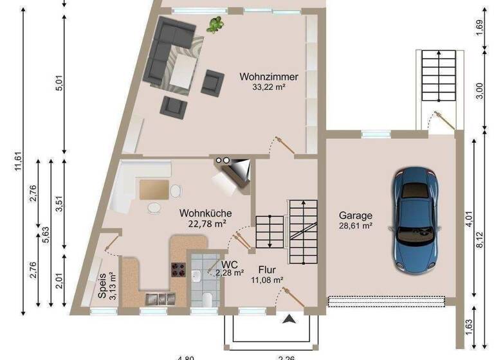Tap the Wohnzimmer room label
pos(269,77)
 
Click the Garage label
pos(355,216)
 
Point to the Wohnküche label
pos(206,213)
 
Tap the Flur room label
pos(268,270)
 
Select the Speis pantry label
pos(103,285)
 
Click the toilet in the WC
pos(207,300)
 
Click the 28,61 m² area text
pos(355,226)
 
